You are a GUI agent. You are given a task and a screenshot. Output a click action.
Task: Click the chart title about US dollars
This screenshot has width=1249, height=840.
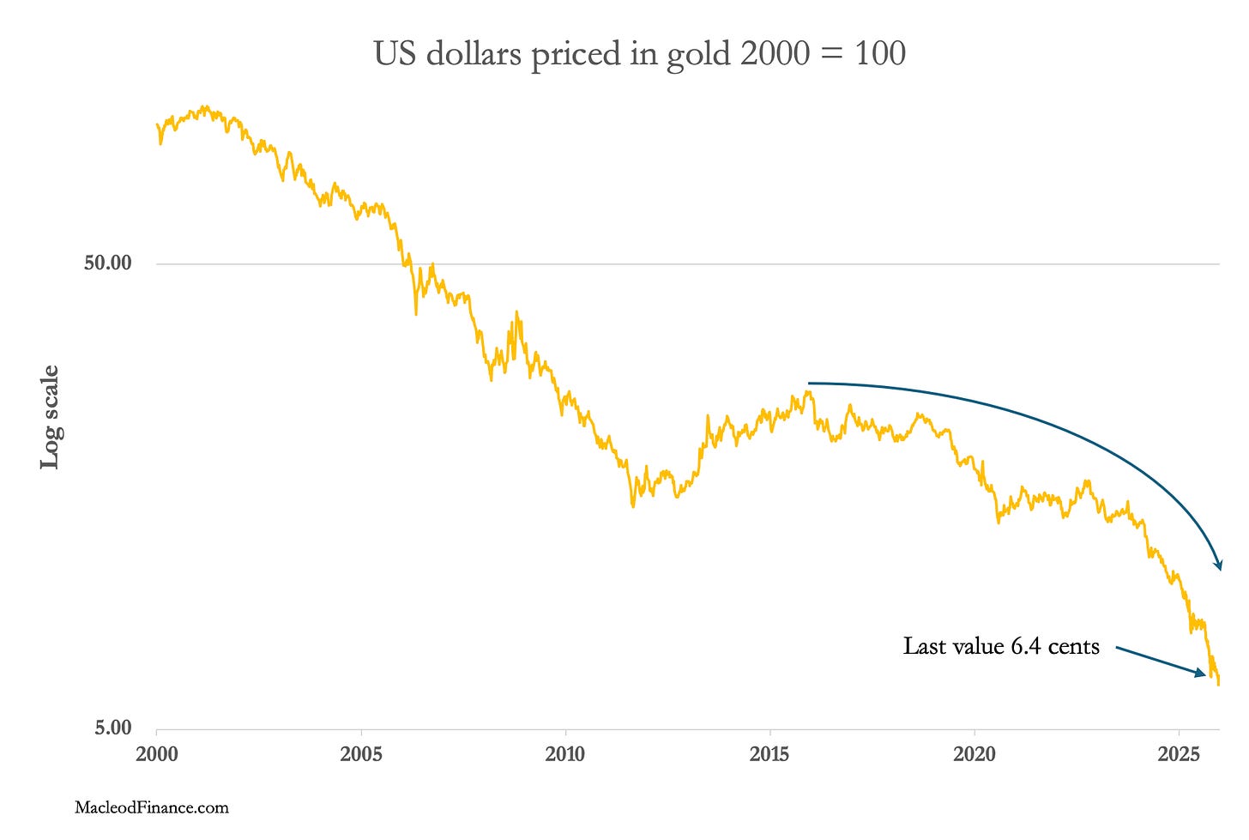(x=639, y=54)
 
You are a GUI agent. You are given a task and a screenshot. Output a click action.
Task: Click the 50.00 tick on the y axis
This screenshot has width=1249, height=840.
(x=107, y=263)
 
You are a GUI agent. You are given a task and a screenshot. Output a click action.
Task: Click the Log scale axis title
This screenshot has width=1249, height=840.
(x=51, y=417)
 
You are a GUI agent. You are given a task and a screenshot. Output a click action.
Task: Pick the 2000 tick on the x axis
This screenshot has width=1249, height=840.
(x=156, y=754)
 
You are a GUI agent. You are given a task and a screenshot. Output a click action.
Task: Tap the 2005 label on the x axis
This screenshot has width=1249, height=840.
(x=360, y=754)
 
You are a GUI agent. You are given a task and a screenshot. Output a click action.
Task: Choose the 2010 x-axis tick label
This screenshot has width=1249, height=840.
(x=564, y=754)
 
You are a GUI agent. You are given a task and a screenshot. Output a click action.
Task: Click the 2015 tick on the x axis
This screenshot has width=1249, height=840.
(x=769, y=754)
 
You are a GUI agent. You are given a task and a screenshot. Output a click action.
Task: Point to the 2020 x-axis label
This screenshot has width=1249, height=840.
(x=974, y=754)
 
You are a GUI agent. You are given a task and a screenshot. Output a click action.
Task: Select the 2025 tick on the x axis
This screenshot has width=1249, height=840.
(x=1179, y=754)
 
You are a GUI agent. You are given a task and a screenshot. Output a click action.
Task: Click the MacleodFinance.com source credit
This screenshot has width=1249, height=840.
(x=152, y=807)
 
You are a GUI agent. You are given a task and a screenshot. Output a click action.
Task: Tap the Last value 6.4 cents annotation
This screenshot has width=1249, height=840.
(x=1000, y=646)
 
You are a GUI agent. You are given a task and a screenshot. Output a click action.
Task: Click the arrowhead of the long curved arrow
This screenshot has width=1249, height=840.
(x=1217, y=565)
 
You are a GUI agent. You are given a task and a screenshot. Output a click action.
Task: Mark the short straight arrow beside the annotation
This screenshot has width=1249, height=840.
(x=1161, y=662)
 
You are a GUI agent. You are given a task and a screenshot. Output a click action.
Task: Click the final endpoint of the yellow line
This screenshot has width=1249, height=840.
(x=1218, y=684)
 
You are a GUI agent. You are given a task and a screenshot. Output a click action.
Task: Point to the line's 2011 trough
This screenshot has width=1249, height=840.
(x=633, y=505)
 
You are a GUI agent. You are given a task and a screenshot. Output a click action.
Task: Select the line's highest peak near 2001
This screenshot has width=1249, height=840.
(x=203, y=107)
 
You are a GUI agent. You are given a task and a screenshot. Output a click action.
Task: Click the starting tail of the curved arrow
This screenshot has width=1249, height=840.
(x=810, y=383)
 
